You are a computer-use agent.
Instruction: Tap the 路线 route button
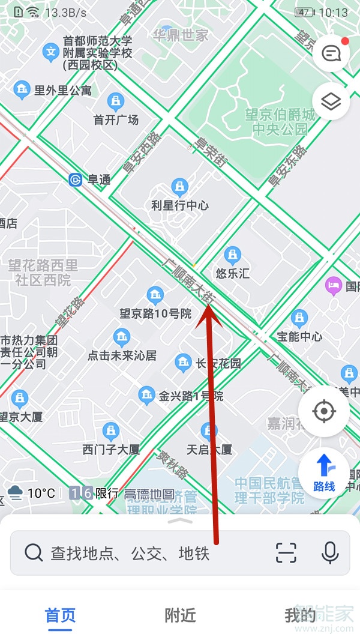pyautogui.click(x=324, y=472)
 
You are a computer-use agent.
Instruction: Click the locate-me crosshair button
pyautogui.click(x=324, y=412)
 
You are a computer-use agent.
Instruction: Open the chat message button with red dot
pyautogui.click(x=331, y=53)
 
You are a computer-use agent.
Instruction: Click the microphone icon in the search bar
pyautogui.click(x=330, y=552)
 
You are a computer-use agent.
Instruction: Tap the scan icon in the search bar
pyautogui.click(x=286, y=552)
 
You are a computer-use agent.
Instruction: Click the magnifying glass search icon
pyautogui.click(x=34, y=552)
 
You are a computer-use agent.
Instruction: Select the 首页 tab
pyautogui.click(x=60, y=615)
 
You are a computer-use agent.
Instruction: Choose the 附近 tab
pyautogui.click(x=180, y=615)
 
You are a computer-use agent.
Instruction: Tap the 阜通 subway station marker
pyautogui.click(x=76, y=180)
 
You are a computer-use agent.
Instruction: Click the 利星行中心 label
pyautogui.click(x=180, y=205)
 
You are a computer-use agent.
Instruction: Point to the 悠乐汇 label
pyautogui.click(x=232, y=274)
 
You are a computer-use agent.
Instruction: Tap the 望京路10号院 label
pyautogui.click(x=155, y=313)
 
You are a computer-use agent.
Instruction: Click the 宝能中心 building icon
pyautogui.click(x=299, y=318)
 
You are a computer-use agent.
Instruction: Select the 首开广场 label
pyautogui.click(x=116, y=119)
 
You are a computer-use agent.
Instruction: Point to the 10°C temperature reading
pyautogui.click(x=41, y=494)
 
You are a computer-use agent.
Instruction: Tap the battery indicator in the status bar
pyautogui.click(x=304, y=12)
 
